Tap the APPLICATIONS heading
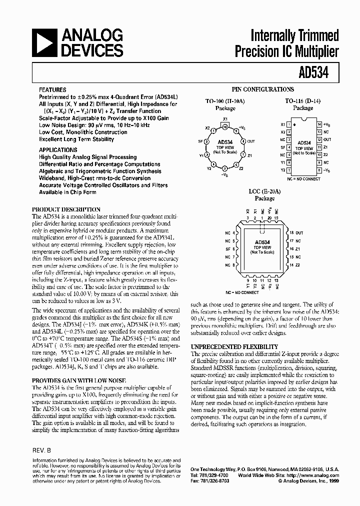point(58,149)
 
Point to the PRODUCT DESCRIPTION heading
point(66,209)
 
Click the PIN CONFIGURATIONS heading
point(263,89)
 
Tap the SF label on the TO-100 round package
point(200,142)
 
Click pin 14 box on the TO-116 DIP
point(319,124)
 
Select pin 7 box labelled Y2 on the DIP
point(288,170)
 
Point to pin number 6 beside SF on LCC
point(234,248)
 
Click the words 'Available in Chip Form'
point(68,192)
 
